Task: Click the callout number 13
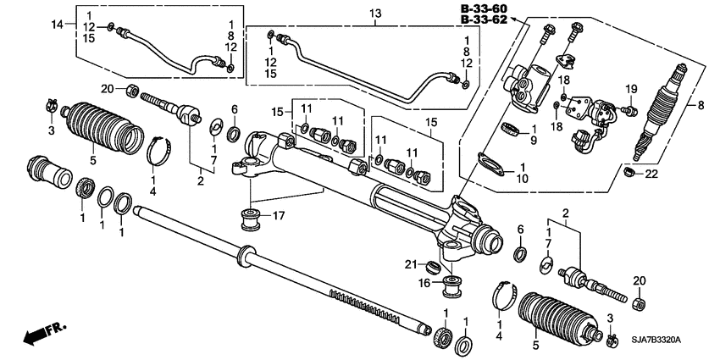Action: coord(375,14)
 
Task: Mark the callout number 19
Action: coord(630,89)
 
